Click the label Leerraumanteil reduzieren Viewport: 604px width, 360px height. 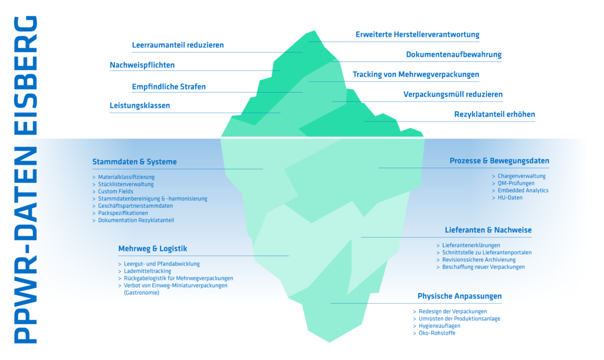point(178,45)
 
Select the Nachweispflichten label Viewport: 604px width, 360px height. point(142,65)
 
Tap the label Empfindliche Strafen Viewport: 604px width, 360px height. point(169,87)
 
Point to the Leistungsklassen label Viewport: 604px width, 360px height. point(140,106)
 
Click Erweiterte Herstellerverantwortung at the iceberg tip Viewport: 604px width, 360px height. point(418,35)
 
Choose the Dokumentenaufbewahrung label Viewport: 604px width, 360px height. point(454,55)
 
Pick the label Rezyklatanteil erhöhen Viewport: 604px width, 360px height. point(495,114)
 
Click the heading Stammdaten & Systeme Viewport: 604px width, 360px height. point(134,162)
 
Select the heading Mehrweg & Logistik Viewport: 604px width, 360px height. point(153,248)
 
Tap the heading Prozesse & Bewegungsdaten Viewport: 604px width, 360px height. point(499,161)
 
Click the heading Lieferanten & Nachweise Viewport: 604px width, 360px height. point(488,230)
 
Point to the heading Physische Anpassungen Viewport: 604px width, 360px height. point(459,296)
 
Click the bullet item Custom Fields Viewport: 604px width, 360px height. point(116,192)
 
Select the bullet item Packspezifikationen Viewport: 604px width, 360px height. point(123,213)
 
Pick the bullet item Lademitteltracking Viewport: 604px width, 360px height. point(147,271)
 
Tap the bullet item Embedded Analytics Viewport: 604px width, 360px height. point(523,191)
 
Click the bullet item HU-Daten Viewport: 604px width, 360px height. point(510,198)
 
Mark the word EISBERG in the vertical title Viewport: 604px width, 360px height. point(26,75)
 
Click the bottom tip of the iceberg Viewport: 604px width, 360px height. point(329,342)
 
